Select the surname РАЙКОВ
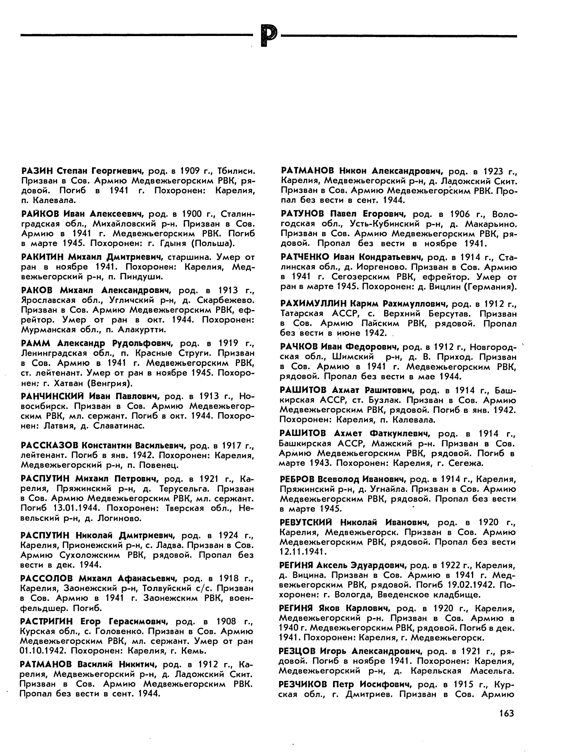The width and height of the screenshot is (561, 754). tap(40, 214)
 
